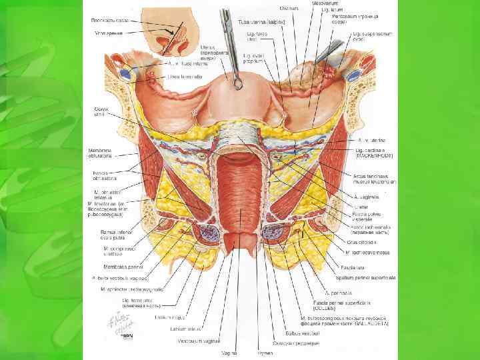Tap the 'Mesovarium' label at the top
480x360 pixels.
[323, 3]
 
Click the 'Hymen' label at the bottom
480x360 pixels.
[265, 352]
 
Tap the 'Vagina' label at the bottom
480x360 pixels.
[230, 352]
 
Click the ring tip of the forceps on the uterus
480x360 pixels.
[236, 81]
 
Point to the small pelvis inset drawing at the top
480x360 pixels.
[173, 37]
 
